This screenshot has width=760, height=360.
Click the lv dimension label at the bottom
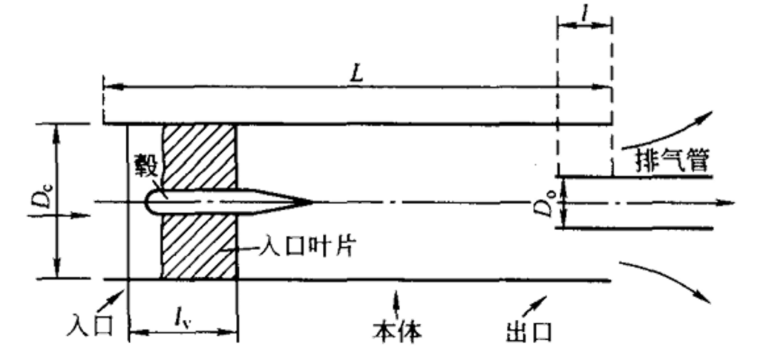[183, 319]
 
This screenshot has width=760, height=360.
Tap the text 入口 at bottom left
[91, 324]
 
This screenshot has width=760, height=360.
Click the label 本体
[397, 331]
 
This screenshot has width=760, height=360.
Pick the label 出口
[529, 332]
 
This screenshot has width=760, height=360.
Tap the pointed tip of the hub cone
[312, 202]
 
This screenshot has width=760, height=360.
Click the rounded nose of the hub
[148, 202]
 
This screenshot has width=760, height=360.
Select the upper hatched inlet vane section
[199, 157]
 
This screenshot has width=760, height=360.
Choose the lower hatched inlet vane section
[199, 246]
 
